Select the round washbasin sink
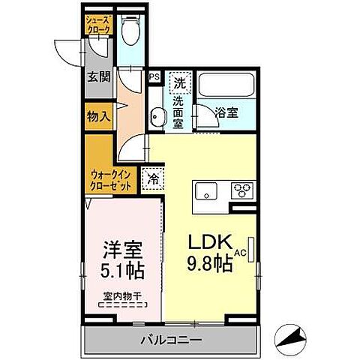158,116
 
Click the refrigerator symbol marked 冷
152,180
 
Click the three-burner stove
242,188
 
